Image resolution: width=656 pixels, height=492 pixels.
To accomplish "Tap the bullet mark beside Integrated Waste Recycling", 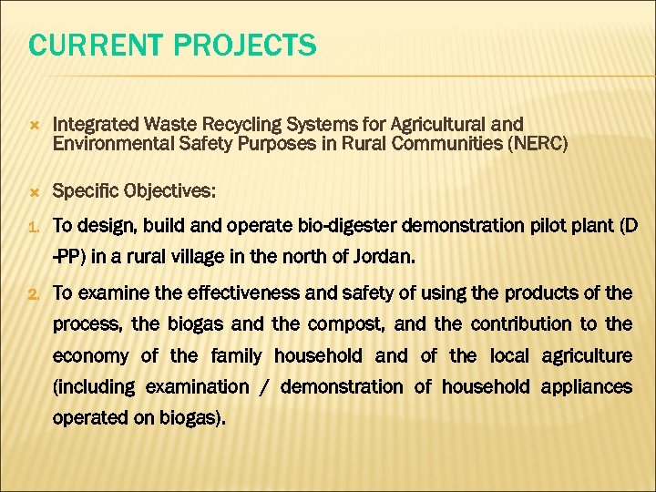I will pos(34,124).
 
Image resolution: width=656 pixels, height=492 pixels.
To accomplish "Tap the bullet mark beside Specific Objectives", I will pos(34,191).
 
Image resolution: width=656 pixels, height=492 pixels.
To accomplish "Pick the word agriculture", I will pos(586,355).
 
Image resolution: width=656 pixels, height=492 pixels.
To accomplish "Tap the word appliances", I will pos(586,386).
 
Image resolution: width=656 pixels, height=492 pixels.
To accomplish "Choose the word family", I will pos(234,355).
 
